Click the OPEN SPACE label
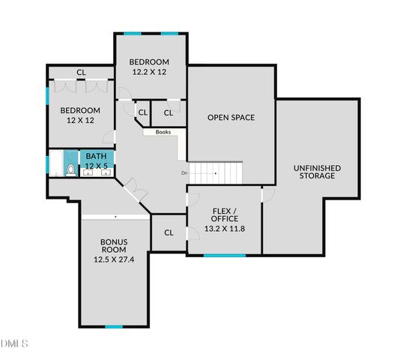231,117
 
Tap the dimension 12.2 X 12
149,73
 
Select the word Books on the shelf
163,133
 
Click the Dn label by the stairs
184,173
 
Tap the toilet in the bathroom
70,169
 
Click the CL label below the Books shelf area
169,232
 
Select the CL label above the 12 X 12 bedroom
80,73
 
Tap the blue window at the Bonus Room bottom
113,326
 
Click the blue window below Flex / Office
225,256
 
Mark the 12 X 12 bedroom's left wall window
47,98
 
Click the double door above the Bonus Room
135,189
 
